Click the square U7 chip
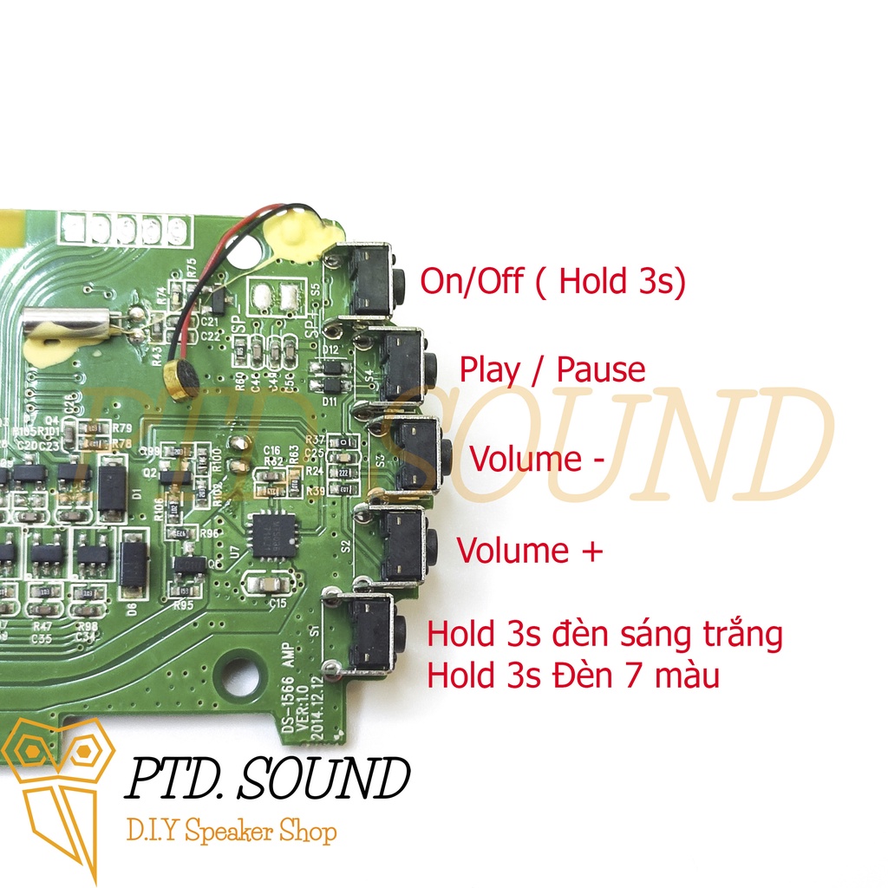272,534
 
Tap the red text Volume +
529,551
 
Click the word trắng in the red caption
739,635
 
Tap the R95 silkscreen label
183,606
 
